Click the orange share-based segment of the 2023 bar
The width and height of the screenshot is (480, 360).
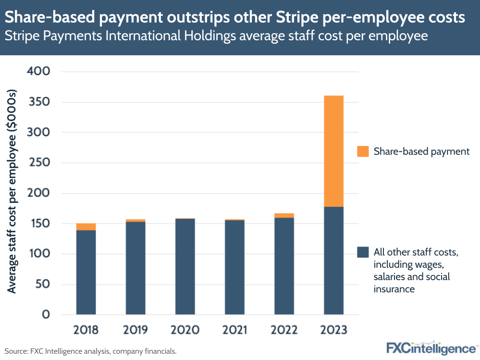pos(333,151)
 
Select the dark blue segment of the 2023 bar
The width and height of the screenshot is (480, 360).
pos(333,261)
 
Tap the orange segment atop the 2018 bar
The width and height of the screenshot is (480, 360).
pos(86,227)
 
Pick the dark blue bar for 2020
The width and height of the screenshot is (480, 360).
pos(185,267)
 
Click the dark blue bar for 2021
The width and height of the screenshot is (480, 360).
pos(234,267)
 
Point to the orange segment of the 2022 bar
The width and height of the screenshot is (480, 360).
pos(284,216)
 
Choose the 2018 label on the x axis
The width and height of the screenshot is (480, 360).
pos(86,330)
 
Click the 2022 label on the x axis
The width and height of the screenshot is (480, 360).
pos(284,330)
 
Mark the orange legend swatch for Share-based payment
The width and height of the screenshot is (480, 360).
pos(363,151)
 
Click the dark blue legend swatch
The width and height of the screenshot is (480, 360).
pos(363,252)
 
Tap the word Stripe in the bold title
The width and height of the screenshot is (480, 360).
pos(297,17)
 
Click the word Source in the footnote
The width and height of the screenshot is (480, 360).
pos(16,351)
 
